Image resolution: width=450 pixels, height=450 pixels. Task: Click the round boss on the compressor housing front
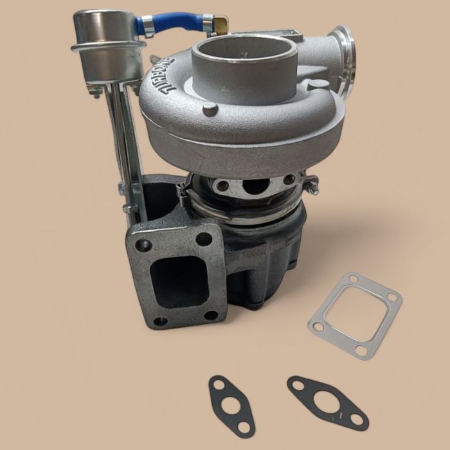[210, 109]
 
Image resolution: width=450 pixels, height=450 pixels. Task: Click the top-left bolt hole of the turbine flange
[142, 245]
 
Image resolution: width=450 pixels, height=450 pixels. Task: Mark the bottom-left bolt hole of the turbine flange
[161, 320]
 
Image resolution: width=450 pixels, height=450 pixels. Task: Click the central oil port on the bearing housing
[256, 186]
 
